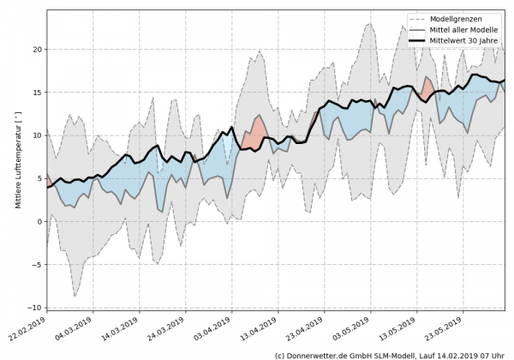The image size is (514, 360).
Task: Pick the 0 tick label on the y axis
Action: pos(39,221)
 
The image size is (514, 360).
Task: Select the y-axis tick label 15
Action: pos(37,92)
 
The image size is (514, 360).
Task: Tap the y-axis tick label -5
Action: pos(36,264)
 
